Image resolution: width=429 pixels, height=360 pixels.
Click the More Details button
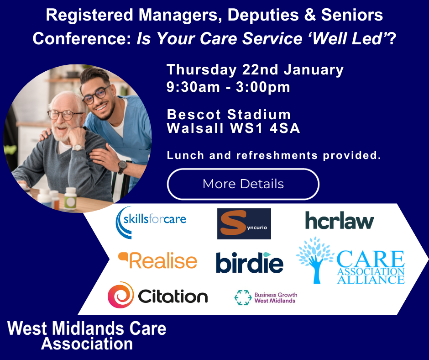(243, 184)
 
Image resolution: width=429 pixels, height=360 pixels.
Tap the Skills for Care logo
(151, 222)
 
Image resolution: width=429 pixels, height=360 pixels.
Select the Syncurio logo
(244, 223)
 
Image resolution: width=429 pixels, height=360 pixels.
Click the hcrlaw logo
(339, 220)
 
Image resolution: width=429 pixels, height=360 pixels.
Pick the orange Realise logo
(157, 260)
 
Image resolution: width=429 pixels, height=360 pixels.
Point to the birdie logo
(250, 262)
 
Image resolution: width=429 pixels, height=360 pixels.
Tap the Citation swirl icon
(120, 295)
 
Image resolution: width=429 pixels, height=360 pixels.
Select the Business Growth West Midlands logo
(266, 297)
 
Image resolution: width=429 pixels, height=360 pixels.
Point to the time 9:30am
(193, 87)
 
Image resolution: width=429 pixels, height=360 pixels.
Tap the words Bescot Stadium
(229, 114)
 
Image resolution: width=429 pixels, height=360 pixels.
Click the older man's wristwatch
(78, 148)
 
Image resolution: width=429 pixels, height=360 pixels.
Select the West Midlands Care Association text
(87, 336)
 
